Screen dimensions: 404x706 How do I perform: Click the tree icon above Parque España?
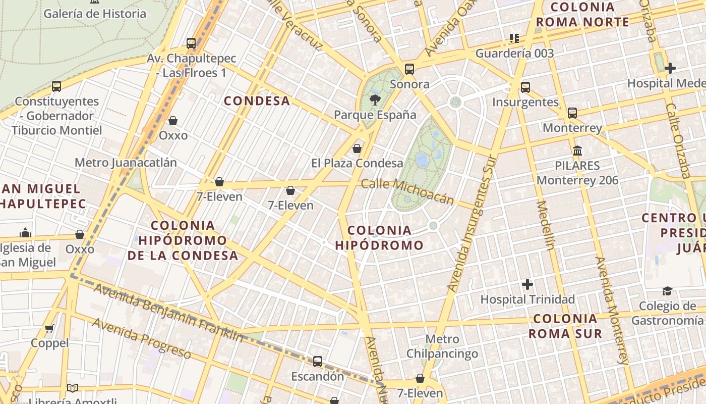375,99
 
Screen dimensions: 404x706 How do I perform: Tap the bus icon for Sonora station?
409,69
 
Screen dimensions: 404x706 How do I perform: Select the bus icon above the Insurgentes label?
525,87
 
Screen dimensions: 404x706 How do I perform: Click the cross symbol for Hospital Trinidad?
527,284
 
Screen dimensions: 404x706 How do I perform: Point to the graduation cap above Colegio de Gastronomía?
667,291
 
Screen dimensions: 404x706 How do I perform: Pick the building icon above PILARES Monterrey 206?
577,150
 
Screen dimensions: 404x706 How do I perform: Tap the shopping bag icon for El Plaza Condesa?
357,148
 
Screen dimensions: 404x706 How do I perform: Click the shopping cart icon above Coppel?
49,329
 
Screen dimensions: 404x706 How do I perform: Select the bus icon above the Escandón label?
318,362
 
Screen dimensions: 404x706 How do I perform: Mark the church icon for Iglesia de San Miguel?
25,233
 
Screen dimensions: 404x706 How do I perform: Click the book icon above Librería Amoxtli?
73,388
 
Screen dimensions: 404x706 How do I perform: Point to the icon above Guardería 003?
514,38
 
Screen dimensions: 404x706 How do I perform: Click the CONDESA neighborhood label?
257,101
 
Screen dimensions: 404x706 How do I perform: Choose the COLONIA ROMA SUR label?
565,326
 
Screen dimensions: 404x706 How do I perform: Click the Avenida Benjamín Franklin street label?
168,313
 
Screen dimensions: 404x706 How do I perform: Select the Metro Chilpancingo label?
442,346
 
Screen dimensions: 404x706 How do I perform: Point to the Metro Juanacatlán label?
126,163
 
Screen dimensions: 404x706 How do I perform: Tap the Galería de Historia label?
95,13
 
